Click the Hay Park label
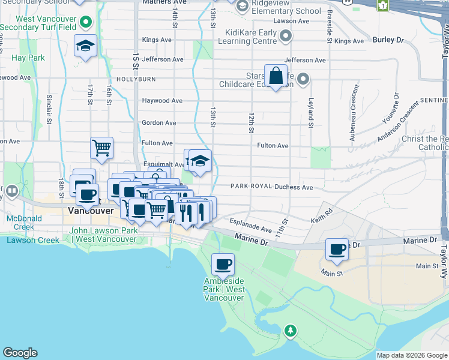tap(28, 58)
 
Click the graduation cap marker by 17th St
tap(86, 46)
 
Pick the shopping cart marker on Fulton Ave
tap(102, 147)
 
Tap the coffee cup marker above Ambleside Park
tap(223, 263)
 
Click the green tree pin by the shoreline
tap(291, 331)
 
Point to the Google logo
tap(20, 353)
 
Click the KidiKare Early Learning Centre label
tap(251, 37)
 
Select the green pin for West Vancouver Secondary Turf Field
tap(86, 23)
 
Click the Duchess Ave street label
tap(294, 187)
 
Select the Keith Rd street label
tap(322, 217)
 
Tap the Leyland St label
tap(311, 113)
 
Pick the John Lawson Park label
tap(103, 235)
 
